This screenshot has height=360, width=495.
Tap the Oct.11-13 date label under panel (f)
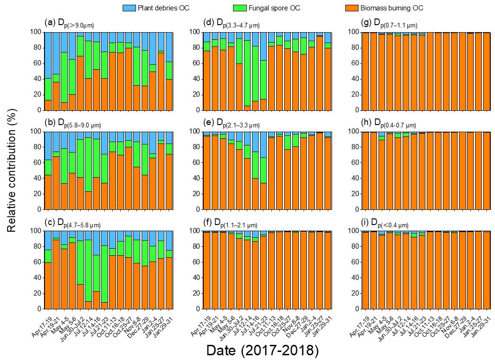[268, 320]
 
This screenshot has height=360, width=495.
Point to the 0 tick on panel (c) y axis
[39, 308]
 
